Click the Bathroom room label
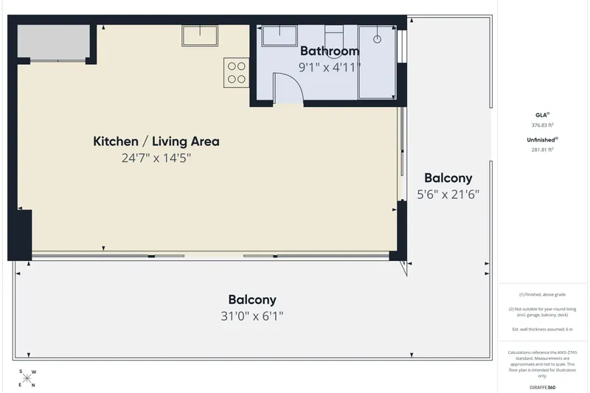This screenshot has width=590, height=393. click(x=330, y=51)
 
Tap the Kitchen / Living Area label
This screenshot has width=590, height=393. click(x=156, y=142)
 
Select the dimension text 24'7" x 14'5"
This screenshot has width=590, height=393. click(x=156, y=158)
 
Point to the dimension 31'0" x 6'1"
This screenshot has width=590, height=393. click(x=251, y=316)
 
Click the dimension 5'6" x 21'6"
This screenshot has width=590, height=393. click(x=448, y=195)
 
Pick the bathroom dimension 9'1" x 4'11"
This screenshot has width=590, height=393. click(x=330, y=67)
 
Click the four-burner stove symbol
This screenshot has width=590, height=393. click(x=236, y=72)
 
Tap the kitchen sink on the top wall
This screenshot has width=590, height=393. click(x=200, y=35)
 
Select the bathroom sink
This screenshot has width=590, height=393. click(x=280, y=35)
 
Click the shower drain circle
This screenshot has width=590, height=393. click(x=378, y=39)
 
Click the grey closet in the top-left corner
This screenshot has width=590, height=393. click(x=54, y=42)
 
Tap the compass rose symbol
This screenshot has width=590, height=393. click(x=27, y=378)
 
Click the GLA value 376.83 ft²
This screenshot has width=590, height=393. click(x=542, y=125)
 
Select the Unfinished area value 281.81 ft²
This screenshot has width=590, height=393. click(x=542, y=150)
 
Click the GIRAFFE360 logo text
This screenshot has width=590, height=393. click(x=542, y=387)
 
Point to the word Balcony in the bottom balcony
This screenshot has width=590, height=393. click(x=252, y=300)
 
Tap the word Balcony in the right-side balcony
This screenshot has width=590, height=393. click(x=448, y=178)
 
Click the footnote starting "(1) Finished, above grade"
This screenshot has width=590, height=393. click(x=542, y=294)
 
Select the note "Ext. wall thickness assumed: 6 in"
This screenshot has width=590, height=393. click(x=542, y=329)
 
